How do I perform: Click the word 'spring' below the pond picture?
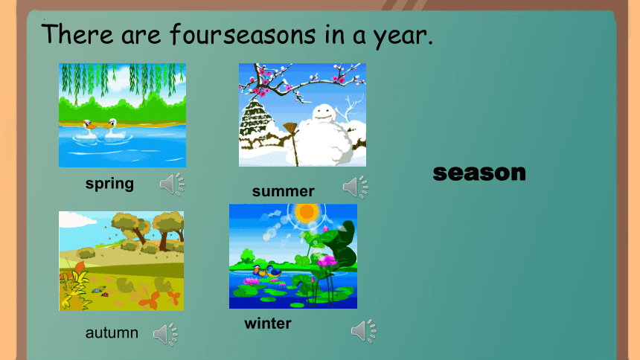click(109, 184)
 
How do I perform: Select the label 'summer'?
click(284, 191)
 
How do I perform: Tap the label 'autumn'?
click(112, 333)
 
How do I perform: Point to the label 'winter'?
click(268, 324)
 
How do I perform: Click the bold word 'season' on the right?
click(479, 173)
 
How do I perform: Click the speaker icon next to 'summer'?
click(356, 187)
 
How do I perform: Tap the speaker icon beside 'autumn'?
click(166, 334)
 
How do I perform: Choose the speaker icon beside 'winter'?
click(364, 330)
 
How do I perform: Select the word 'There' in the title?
click(77, 33)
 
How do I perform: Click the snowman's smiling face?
click(324, 112)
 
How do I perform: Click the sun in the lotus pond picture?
click(306, 212)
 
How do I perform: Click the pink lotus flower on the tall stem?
click(327, 260)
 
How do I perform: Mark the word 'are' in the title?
click(141, 36)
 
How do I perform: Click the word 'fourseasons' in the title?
click(243, 34)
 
